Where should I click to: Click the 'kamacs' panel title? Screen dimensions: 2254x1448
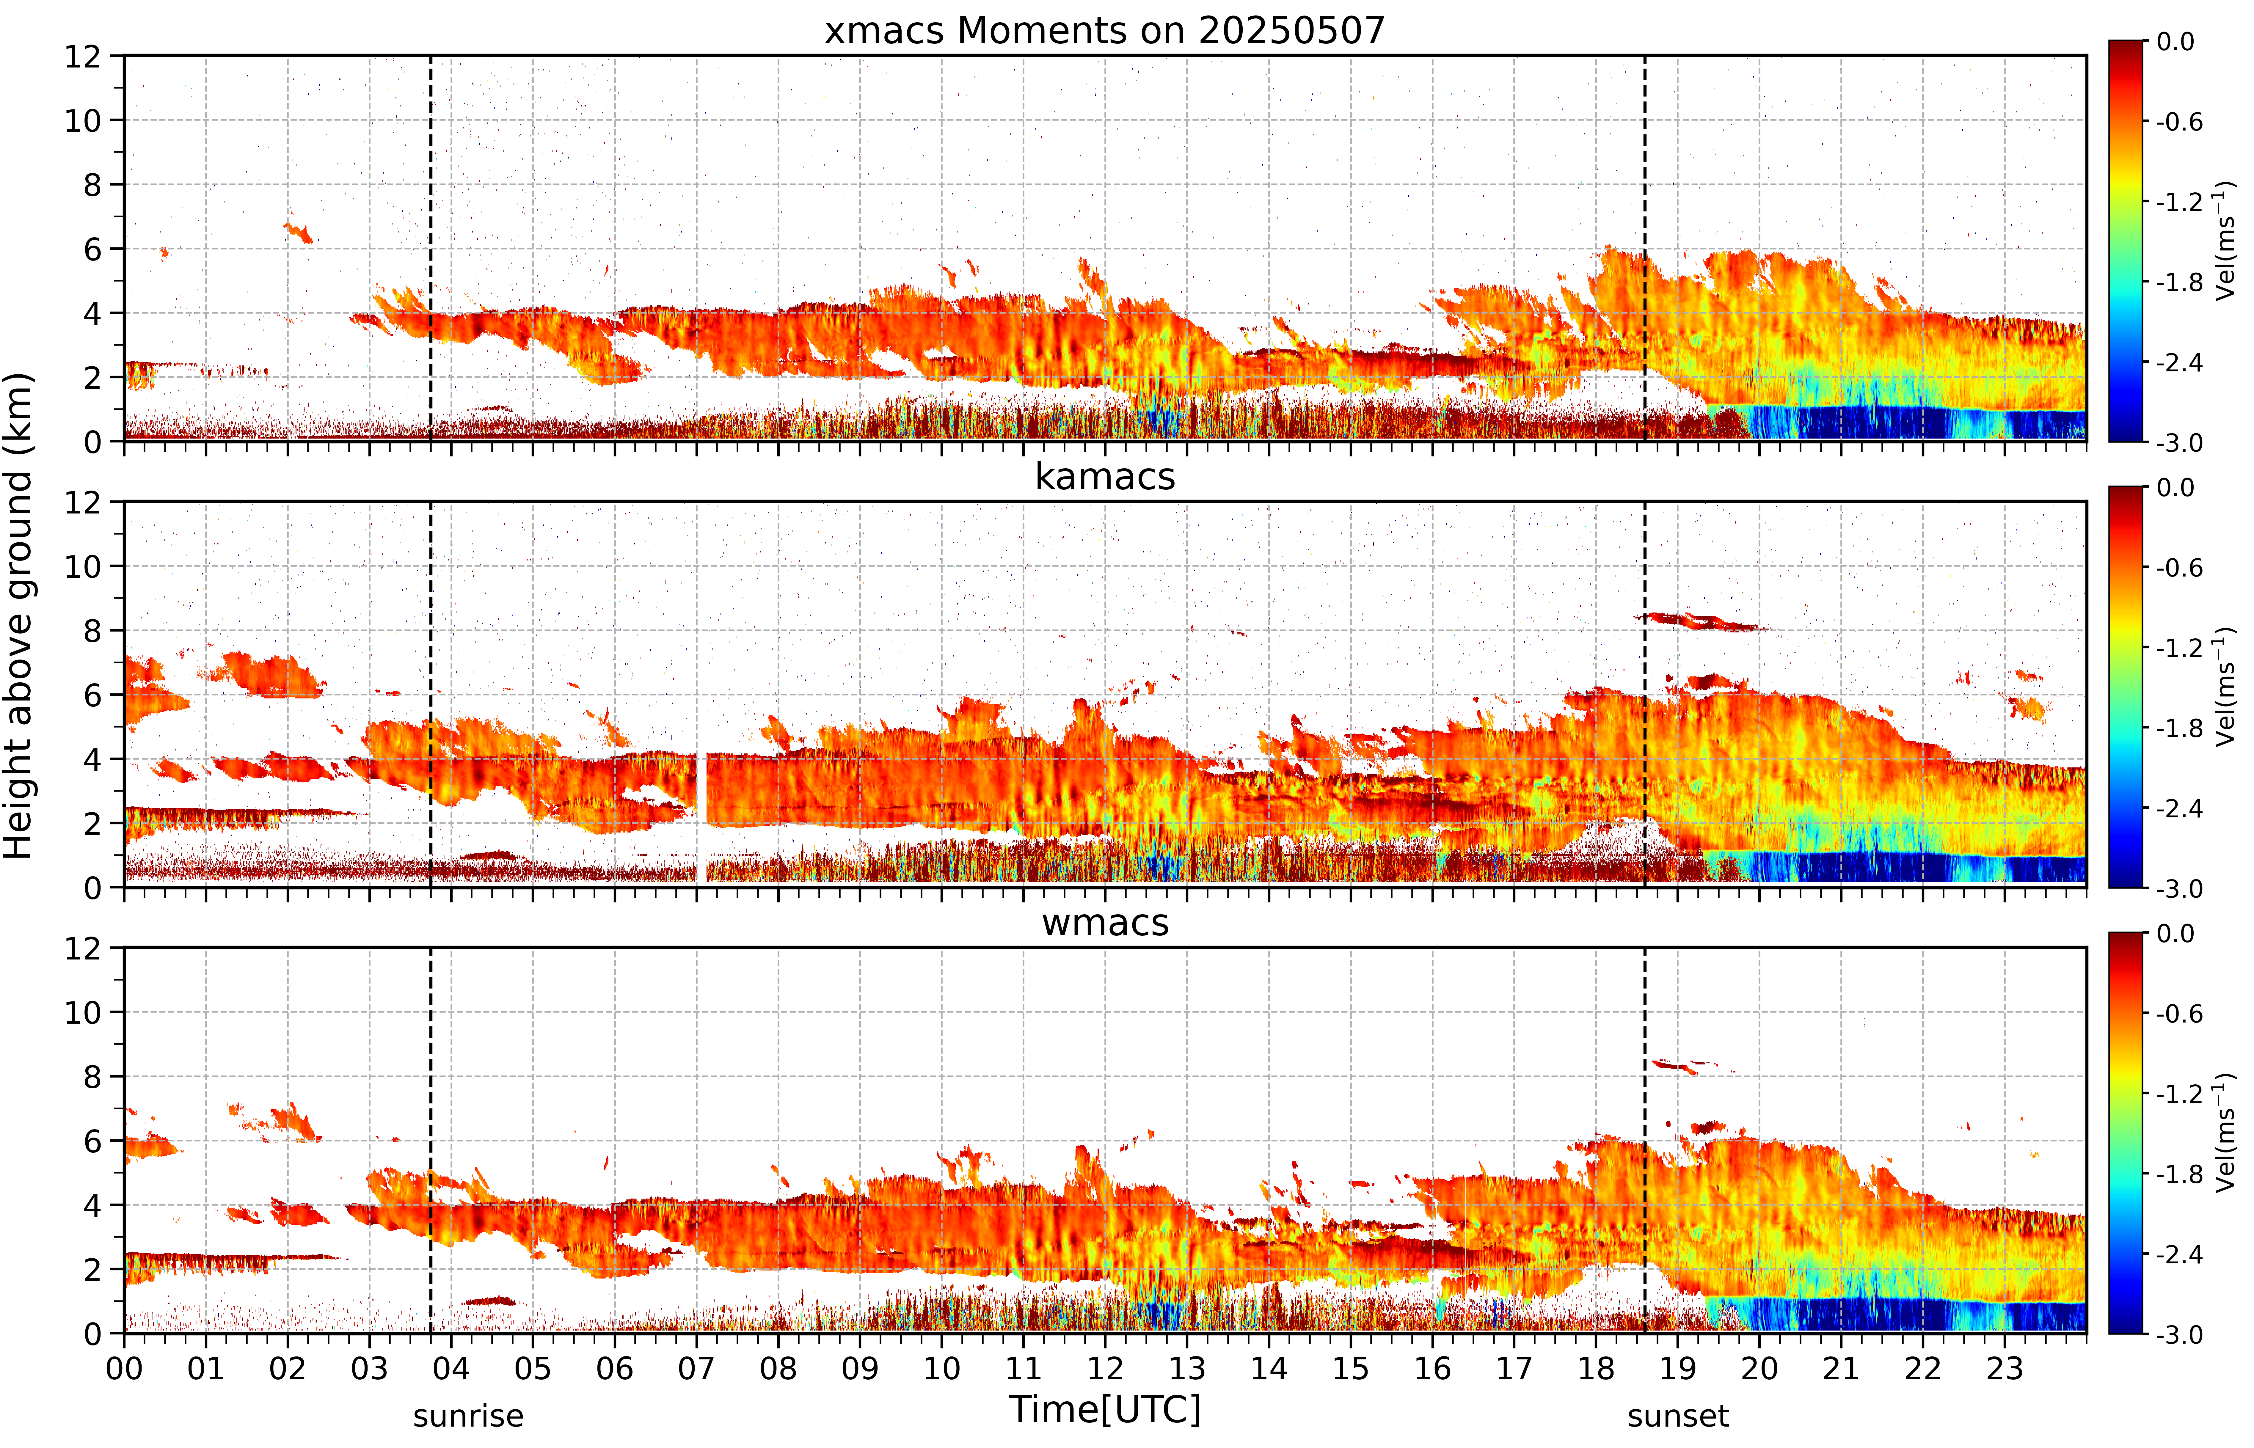tap(1105, 477)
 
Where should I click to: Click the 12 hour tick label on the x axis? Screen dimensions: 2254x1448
tap(1105, 1368)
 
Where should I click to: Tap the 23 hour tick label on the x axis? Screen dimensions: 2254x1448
tap(2005, 1368)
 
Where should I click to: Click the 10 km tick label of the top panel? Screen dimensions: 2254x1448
tap(83, 120)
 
